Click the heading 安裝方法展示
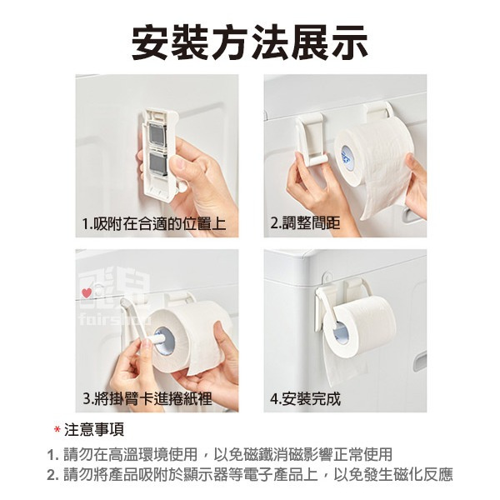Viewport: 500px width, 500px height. [249, 42]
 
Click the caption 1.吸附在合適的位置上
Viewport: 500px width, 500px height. [154, 225]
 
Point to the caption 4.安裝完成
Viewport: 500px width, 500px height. [306, 398]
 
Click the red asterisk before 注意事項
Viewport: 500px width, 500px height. [57, 431]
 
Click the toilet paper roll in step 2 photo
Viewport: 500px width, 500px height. [375, 158]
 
